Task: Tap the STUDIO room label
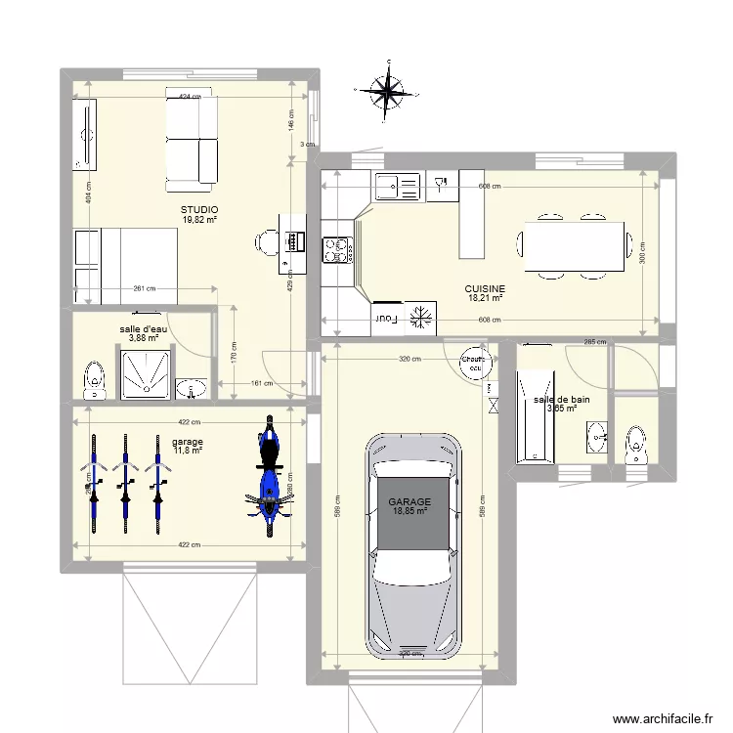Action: click(199, 210)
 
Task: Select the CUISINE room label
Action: click(485, 288)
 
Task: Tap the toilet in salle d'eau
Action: click(94, 380)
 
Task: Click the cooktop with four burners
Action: click(336, 251)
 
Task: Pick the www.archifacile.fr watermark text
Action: click(662, 718)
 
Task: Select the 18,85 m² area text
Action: click(410, 510)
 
